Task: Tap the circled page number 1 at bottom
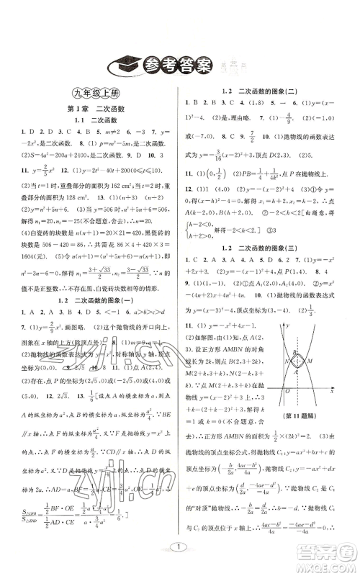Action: (181, 548)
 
